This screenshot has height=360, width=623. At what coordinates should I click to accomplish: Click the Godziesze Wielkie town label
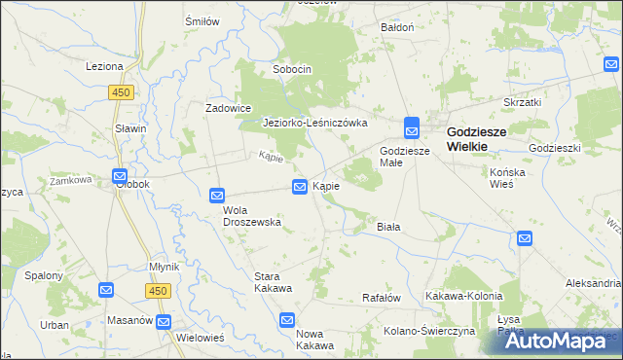(481, 137)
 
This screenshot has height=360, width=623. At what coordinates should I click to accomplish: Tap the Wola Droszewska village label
(252, 215)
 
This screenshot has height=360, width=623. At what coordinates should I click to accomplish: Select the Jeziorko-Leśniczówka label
(314, 124)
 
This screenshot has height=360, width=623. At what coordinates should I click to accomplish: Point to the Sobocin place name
(291, 70)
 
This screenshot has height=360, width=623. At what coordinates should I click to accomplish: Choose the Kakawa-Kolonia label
(463, 296)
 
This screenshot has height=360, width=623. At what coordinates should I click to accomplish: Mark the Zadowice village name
(229, 108)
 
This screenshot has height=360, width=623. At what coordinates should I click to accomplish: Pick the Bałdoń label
(397, 27)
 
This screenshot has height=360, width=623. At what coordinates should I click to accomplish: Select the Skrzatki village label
(522, 101)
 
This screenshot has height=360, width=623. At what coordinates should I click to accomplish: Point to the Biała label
(389, 226)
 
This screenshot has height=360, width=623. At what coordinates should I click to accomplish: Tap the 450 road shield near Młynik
(157, 290)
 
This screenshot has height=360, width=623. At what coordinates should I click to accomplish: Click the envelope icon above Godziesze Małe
(412, 127)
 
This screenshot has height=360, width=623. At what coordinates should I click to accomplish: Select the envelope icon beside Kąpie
(301, 186)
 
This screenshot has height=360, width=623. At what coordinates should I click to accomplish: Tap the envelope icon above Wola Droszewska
(217, 196)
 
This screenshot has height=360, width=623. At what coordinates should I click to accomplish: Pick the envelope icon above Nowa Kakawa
(287, 319)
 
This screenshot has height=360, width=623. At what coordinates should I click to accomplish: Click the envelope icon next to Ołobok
(120, 177)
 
